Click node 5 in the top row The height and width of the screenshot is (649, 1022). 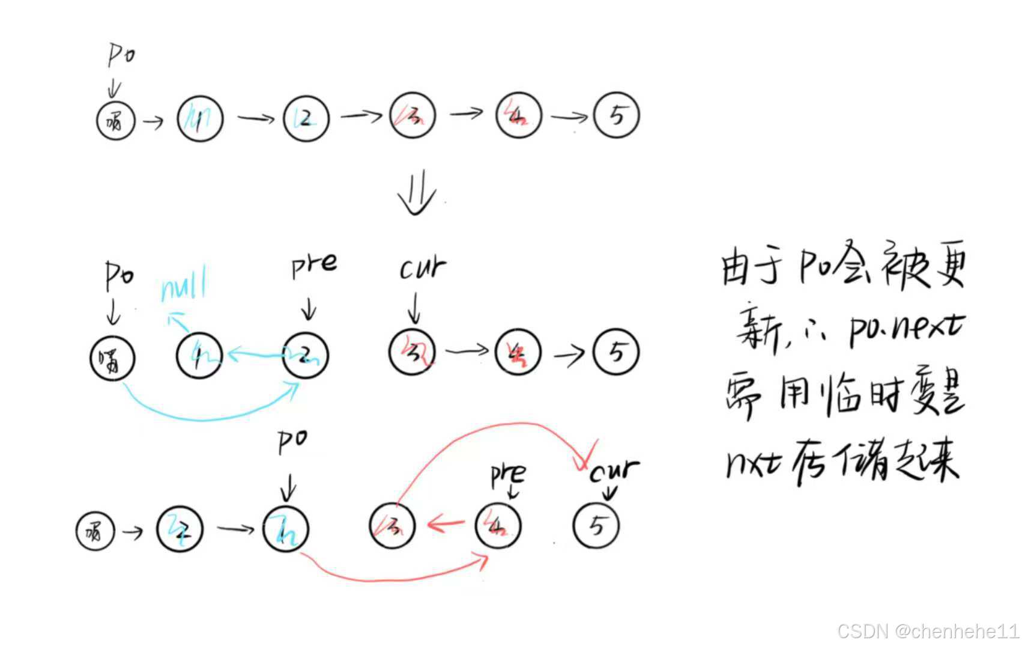616,115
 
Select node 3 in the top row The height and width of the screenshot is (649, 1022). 413,115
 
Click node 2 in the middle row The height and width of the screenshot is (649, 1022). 306,355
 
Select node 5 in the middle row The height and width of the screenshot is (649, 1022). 616,352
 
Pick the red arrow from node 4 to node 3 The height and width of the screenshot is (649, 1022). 446,524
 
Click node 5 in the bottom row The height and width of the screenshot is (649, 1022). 596,526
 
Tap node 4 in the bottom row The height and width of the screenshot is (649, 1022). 498,526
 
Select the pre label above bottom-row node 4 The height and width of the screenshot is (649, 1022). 508,475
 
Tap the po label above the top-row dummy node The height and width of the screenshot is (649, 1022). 121,55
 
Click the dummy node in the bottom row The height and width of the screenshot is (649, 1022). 95,531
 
